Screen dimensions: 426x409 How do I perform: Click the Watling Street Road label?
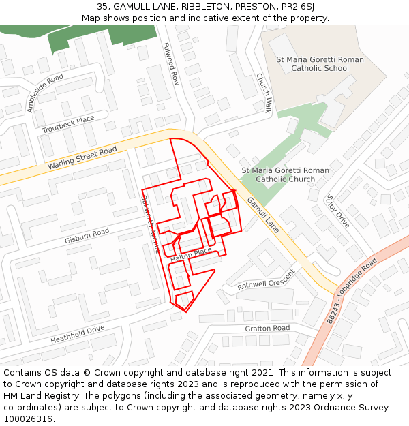pyautogui.click(x=78, y=158)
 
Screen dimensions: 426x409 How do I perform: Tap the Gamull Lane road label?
pyautogui.click(x=263, y=214)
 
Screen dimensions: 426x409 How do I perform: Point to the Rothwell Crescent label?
pyautogui.click(x=266, y=280)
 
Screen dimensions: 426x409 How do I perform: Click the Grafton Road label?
pyautogui.click(x=267, y=329)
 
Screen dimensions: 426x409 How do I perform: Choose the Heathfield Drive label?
pyautogui.click(x=77, y=335)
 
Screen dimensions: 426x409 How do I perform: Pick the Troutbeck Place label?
pyautogui.click(x=68, y=125)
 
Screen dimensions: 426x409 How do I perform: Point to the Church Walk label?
pyautogui.click(x=264, y=93)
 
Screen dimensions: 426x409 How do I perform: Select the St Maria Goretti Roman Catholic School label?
pyautogui.click(x=320, y=64)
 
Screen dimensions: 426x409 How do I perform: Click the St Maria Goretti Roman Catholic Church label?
pyautogui.click(x=285, y=174)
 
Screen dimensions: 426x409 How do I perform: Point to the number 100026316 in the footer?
pyautogui.click(x=29, y=419)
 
